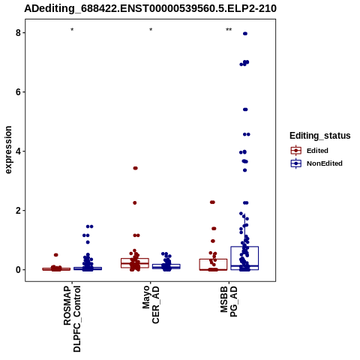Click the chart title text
(150, 9)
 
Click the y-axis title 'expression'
(8, 150)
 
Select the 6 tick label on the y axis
(19, 92)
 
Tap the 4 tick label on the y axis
(19, 151)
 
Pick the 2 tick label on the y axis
(19, 211)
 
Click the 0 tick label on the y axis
(19, 270)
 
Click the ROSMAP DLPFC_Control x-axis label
(72, 319)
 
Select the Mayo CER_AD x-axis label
(151, 304)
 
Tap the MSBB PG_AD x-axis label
(229, 301)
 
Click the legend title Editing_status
(320, 136)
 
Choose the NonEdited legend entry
(316, 163)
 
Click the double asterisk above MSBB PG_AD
(229, 30)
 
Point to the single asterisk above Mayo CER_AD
(151, 30)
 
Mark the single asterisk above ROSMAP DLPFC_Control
(72, 30)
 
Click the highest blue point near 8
(245, 34)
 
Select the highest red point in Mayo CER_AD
(136, 168)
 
